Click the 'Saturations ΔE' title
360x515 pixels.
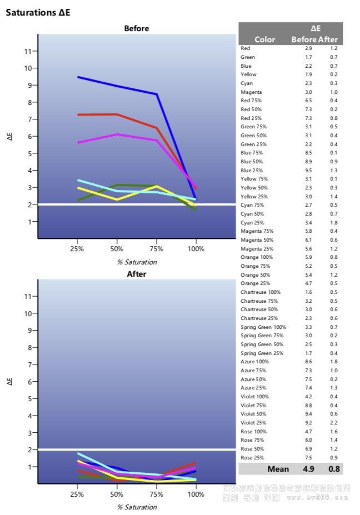38,12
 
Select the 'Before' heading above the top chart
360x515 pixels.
136,28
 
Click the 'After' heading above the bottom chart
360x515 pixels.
136,274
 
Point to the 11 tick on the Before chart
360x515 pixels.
28,51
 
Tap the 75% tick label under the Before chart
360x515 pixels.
156,248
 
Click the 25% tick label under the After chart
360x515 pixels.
77,493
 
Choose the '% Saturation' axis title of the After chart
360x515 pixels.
137,507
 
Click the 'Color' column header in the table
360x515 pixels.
264,39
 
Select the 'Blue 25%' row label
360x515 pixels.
252,171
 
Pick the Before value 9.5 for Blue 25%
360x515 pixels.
308,171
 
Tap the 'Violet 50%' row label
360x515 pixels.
253,414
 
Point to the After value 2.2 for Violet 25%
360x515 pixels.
333,423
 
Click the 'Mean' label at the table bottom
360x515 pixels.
278,469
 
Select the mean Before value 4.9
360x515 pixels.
309,469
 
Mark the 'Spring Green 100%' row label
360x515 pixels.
263,327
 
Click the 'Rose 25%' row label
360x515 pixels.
252,457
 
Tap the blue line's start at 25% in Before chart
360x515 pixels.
78,77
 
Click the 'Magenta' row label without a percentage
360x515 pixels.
251,92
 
